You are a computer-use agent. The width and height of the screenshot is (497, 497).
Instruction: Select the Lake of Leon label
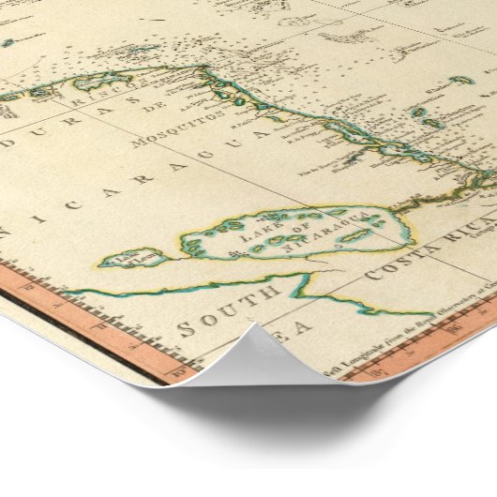[126, 256]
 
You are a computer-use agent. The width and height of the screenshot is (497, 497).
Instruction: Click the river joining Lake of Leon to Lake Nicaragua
[178, 250]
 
